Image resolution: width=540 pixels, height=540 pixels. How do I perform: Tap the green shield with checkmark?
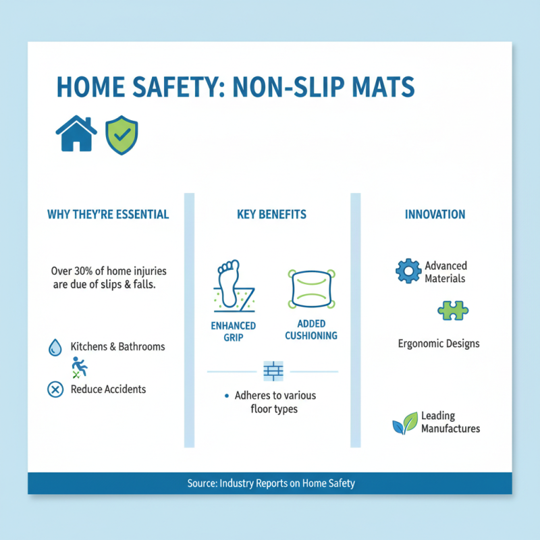coord(122,134)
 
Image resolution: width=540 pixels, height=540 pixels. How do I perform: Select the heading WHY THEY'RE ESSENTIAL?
coord(108,215)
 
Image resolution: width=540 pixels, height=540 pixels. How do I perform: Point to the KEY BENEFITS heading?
coord(271,215)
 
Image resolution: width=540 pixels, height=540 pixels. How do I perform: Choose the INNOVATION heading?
coord(435,215)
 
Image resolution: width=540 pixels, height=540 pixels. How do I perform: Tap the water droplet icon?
coord(54,348)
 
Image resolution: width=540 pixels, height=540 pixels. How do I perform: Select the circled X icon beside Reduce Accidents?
coord(54,389)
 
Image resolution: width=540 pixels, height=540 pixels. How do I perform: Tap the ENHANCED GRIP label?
coord(233,331)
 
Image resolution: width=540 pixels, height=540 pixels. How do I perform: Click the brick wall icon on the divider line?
coord(273,371)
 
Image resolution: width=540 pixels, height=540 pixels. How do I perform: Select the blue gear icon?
coord(408,271)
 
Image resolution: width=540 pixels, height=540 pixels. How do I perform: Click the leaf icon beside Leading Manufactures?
coord(405,423)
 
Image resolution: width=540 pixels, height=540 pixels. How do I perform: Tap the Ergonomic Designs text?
coord(439,344)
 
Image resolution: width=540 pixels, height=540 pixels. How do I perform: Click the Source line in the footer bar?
coord(270,483)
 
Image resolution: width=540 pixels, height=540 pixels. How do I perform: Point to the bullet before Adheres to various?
coord(225,396)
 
